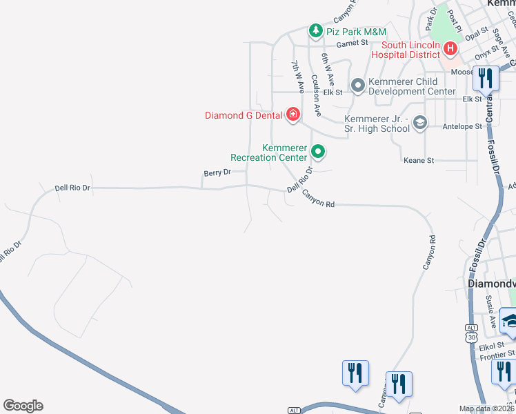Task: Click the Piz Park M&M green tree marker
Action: (x=316, y=30)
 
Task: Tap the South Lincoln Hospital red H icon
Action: (x=450, y=48)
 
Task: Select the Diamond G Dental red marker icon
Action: (x=292, y=115)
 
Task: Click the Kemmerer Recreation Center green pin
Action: (x=318, y=151)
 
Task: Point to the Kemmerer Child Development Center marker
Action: (x=358, y=86)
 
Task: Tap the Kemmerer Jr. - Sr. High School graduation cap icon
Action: (x=420, y=123)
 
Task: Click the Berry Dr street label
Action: (x=217, y=173)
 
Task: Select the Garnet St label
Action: (x=353, y=43)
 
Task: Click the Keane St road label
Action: (x=418, y=160)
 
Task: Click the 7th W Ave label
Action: (x=297, y=77)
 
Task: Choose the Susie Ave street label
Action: (x=490, y=311)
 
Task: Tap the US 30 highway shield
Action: (x=471, y=337)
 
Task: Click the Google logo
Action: (x=23, y=406)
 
